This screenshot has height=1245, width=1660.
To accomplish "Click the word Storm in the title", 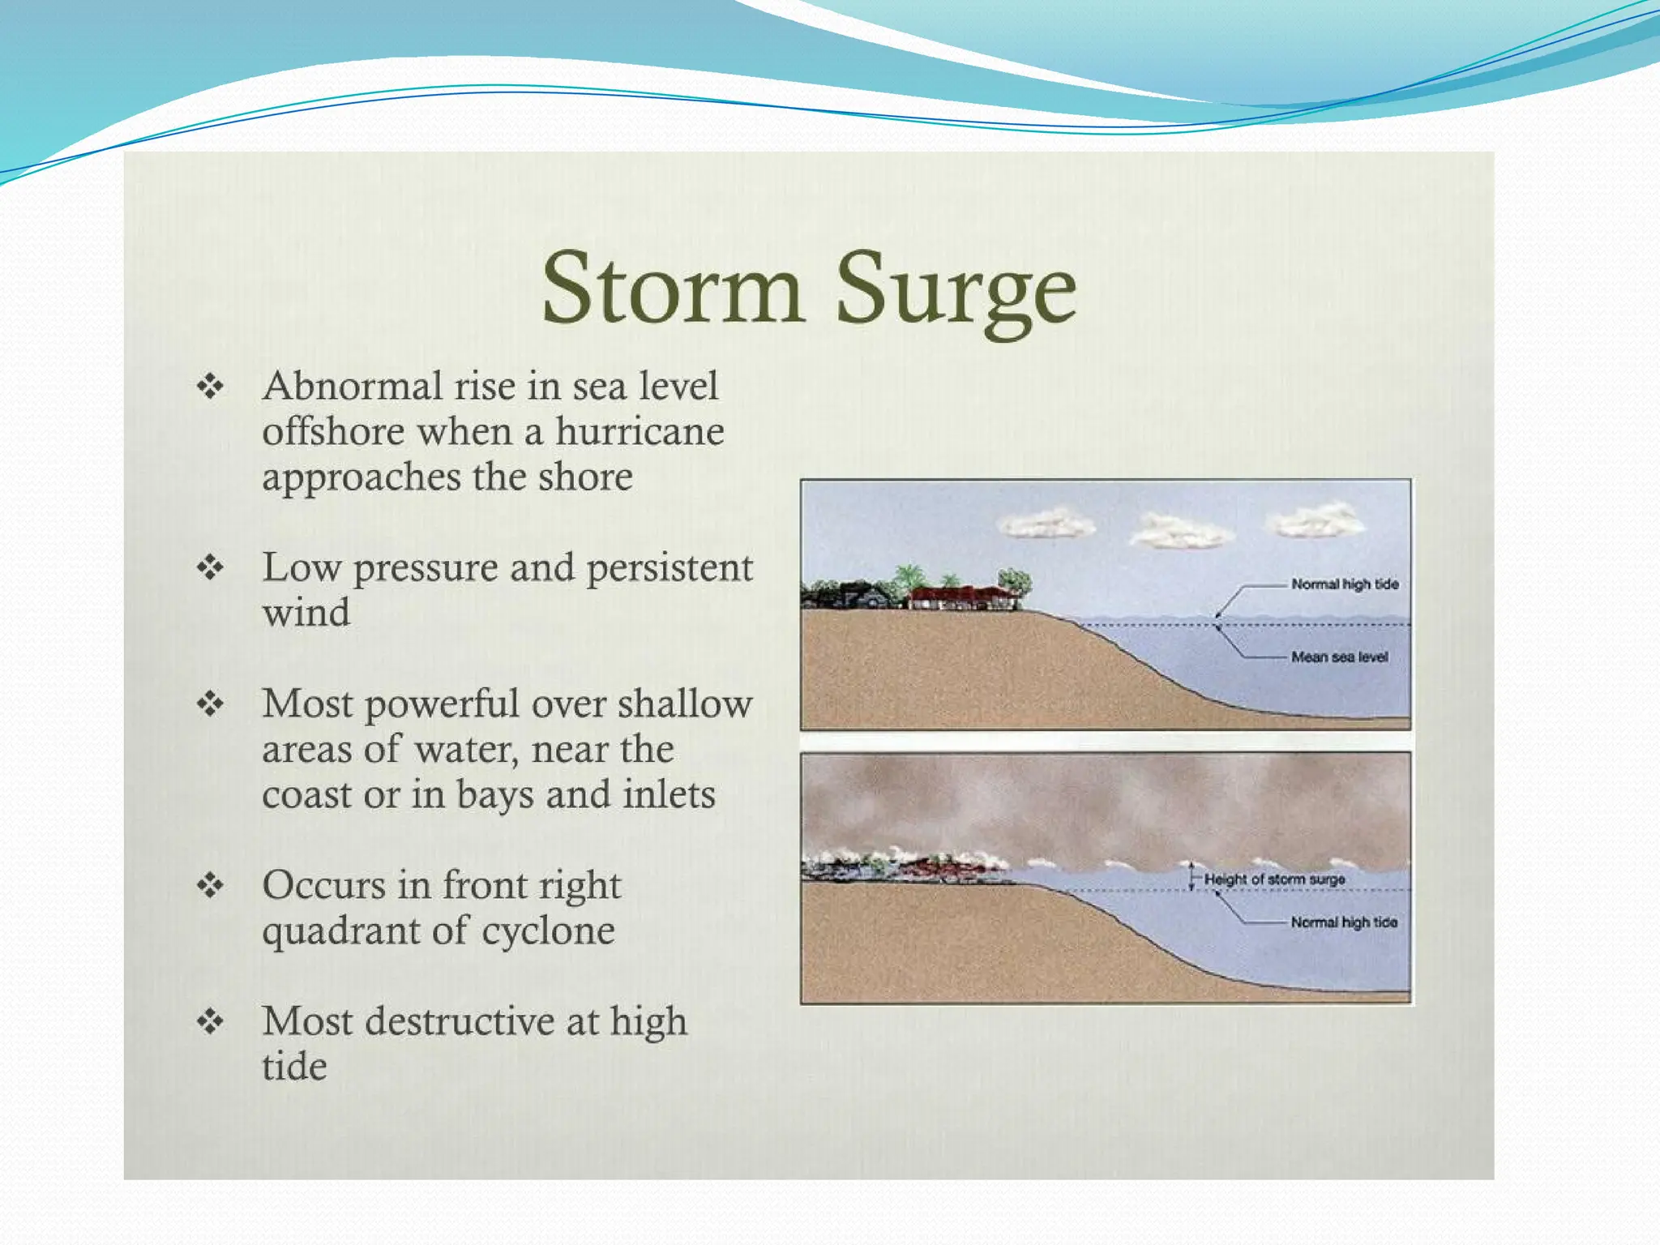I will click(x=672, y=289).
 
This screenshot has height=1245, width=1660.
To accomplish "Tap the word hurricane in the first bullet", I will click(x=639, y=431).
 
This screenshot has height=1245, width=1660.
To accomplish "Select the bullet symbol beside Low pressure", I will click(x=210, y=567).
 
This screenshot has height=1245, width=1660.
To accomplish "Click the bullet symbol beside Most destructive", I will click(x=210, y=1021).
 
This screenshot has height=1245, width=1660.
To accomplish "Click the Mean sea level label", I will click(x=1339, y=657).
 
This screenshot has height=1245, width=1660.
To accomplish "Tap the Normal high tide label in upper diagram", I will click(x=1345, y=584).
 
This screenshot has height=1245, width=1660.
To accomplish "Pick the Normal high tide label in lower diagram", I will click(x=1344, y=922).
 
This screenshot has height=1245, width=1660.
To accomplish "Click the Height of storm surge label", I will click(x=1274, y=879).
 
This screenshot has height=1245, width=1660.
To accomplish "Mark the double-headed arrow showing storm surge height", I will click(x=1192, y=876).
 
